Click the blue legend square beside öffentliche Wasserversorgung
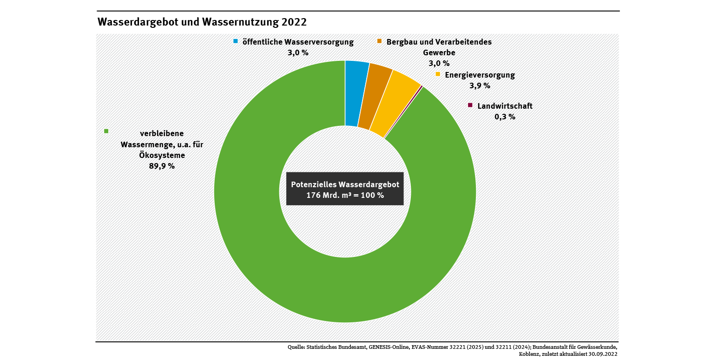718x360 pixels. [236, 41]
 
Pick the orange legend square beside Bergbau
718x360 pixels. [379, 41]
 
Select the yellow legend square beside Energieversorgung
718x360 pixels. [438, 74]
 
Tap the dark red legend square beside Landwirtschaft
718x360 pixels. [470, 105]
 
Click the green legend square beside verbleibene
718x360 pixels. [106, 131]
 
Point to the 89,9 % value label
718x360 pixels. [162, 166]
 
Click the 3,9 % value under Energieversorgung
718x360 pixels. [480, 85]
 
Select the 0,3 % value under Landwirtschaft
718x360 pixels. [505, 117]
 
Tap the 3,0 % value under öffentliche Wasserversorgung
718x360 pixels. [298, 52]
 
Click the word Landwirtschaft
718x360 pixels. [505, 106]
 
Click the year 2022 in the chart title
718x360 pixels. [294, 22]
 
